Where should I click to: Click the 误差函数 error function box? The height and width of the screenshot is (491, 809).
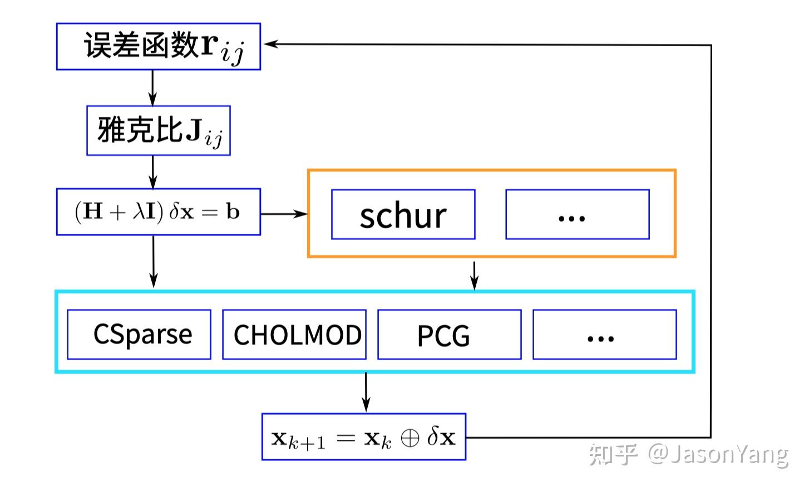point(159,47)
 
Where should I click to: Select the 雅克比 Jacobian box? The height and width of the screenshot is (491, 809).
point(159,131)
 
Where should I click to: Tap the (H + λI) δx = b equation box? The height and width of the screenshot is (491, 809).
point(159,212)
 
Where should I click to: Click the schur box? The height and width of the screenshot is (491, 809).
point(403,215)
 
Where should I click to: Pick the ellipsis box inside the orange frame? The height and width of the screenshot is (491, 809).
point(577,215)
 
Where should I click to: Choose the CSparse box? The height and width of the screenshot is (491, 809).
point(139,335)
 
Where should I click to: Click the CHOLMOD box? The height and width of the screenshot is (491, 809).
point(294,335)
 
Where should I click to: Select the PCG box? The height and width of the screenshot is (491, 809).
point(450,335)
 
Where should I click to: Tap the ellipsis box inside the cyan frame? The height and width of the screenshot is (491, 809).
point(604,335)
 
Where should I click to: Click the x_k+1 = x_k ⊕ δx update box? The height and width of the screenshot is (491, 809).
point(364,437)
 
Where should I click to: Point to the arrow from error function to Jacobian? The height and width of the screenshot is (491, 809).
point(152,88)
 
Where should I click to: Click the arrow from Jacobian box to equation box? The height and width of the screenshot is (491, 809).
point(152,172)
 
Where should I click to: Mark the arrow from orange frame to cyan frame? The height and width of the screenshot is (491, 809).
point(474,275)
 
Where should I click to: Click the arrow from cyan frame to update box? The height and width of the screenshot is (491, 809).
point(366,393)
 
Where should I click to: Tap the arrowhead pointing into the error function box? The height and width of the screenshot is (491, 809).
point(270,44)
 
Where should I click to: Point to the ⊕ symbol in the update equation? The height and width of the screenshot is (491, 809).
point(410,438)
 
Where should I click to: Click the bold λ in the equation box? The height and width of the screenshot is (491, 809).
point(139,212)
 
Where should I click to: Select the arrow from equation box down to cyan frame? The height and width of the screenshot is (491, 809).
point(154,262)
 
